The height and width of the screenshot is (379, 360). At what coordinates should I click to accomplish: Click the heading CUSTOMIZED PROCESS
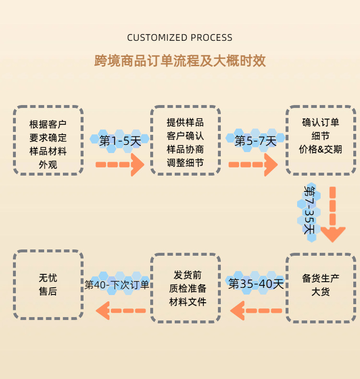click(180, 37)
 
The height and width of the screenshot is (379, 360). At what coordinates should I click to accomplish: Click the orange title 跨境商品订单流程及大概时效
click(180, 61)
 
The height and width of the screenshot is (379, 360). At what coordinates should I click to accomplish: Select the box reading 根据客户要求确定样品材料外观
click(48, 140)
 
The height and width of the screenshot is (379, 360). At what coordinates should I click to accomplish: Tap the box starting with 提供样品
click(185, 140)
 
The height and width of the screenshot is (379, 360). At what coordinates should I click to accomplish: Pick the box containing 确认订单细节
click(321, 140)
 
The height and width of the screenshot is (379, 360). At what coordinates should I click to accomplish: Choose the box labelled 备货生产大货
click(321, 285)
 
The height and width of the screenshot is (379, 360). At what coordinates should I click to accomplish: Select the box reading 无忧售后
click(48, 285)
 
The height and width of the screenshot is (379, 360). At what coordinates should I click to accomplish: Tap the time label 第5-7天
click(255, 141)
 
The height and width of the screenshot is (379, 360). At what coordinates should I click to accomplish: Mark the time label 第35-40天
click(256, 284)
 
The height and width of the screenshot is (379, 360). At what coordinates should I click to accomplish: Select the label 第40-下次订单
click(117, 284)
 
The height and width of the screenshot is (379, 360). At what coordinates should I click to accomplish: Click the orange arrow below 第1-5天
click(120, 165)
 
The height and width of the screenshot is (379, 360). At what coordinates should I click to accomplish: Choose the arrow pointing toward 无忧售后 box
click(120, 310)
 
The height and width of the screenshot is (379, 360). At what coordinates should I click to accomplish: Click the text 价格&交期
click(321, 149)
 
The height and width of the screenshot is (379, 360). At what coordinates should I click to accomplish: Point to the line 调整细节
click(185, 163)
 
